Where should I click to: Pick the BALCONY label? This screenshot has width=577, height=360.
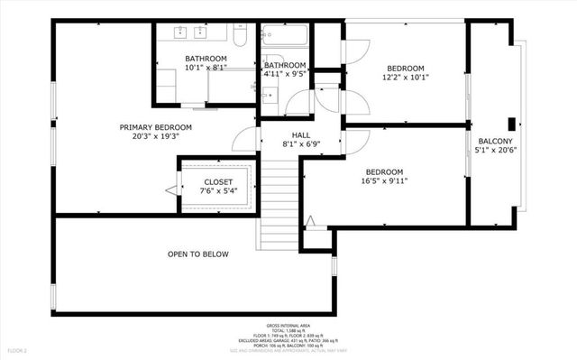coord(495,142)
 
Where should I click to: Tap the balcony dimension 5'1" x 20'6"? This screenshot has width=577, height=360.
coord(495,152)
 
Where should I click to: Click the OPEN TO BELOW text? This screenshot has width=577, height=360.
coord(197,254)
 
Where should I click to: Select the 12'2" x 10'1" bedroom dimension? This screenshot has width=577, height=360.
coord(406,78)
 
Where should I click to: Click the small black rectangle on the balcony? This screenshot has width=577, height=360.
coord(511,125)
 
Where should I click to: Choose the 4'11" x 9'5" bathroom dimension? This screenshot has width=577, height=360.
coord(285,76)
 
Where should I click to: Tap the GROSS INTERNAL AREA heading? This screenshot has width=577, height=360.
coord(288,326)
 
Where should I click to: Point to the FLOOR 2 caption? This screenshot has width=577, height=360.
coord(18,349)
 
